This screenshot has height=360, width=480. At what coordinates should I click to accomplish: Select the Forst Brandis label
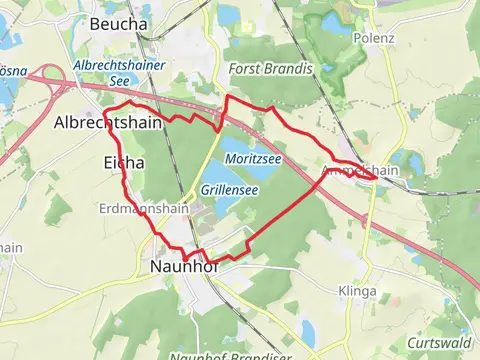click(270, 69)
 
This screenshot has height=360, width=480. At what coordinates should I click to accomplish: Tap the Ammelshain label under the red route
click(361, 171)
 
